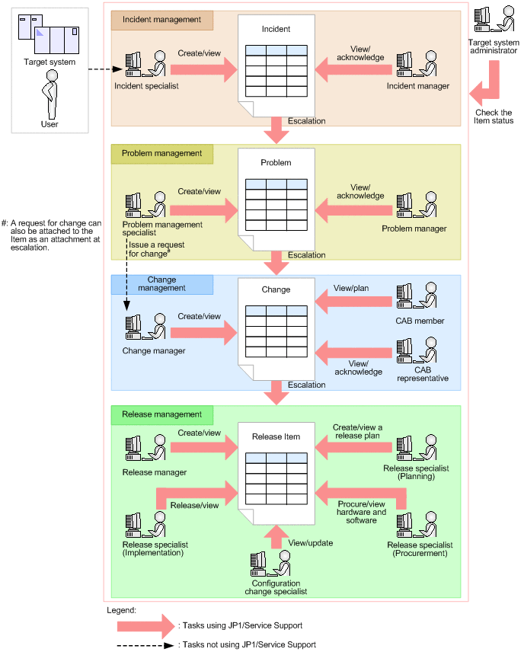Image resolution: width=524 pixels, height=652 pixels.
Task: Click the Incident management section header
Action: coord(162,19)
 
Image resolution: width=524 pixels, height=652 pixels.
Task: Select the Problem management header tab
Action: coord(162,153)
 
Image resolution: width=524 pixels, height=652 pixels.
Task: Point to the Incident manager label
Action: coord(417,86)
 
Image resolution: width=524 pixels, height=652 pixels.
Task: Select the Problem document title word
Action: coord(276,162)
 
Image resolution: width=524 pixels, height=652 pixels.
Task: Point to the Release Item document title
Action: coord(276,437)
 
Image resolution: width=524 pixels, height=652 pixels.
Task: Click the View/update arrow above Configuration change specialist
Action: coord(276,538)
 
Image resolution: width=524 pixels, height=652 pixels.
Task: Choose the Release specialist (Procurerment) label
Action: coord(420,549)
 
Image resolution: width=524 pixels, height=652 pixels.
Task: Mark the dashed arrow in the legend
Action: coord(145,644)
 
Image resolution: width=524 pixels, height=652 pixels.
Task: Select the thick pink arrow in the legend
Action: coord(145,625)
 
